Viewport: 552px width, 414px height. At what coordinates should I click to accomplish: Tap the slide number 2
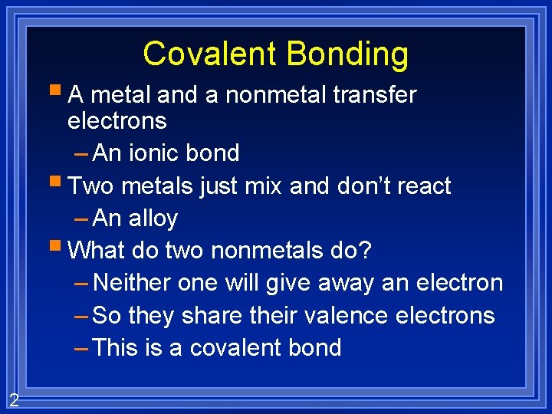click(14, 399)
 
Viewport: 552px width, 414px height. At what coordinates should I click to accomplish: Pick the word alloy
click(153, 219)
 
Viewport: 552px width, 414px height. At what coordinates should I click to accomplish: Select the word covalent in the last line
click(235, 348)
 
